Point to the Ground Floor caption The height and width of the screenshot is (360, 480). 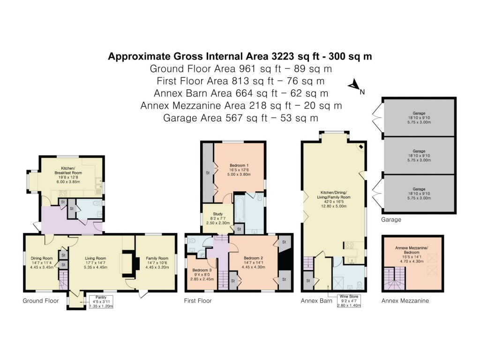pyautogui.click(x=41, y=301)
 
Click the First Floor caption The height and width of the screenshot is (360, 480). pyautogui.click(x=198, y=301)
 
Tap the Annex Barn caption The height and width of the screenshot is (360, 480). pyautogui.click(x=316, y=301)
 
